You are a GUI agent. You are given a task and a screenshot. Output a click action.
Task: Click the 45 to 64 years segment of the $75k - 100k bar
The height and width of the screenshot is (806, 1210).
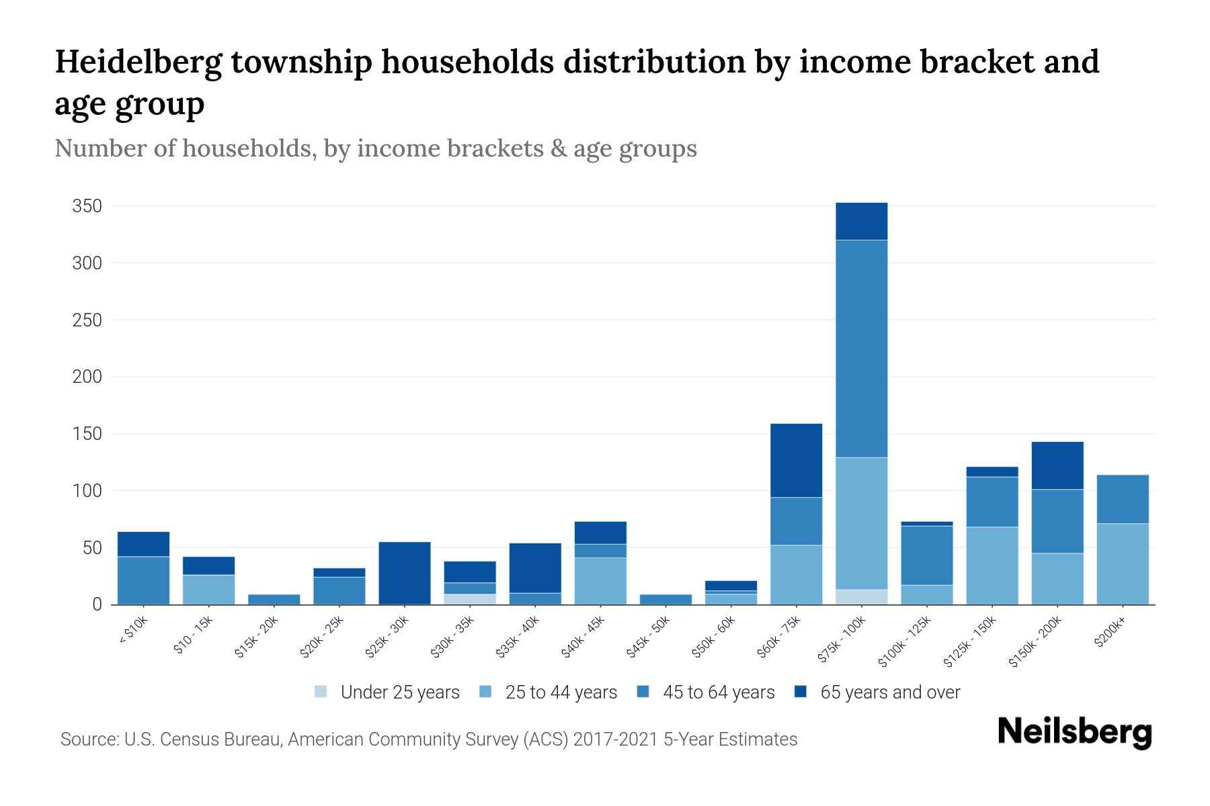tap(861, 349)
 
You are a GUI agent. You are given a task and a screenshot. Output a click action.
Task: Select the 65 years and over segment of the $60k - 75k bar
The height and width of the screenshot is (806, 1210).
tap(796, 460)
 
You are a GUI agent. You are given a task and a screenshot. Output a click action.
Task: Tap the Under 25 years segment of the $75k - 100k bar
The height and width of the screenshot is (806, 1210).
tap(861, 597)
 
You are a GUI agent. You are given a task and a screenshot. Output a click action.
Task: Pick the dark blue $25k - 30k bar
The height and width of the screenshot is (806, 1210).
tap(405, 573)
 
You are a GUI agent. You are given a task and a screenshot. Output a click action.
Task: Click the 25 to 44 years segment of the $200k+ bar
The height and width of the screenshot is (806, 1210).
tap(1122, 564)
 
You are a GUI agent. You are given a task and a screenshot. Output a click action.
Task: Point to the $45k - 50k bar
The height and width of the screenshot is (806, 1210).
tap(665, 599)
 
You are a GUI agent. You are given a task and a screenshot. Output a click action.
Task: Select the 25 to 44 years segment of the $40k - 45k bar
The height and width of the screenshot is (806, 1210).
tap(600, 581)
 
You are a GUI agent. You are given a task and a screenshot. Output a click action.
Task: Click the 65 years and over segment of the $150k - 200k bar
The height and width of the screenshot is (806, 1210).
tap(1057, 465)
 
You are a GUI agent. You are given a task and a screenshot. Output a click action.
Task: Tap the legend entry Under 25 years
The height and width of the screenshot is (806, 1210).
tap(399, 692)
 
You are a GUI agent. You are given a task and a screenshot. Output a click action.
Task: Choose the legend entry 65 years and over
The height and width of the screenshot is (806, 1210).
tap(889, 692)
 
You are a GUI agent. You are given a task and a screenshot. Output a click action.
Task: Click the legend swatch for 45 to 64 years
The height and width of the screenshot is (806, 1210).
tap(643, 692)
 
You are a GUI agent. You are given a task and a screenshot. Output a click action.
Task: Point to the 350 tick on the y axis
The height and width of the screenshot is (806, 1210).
tap(87, 206)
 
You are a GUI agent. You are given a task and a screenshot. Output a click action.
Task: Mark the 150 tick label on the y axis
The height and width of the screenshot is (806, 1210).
tap(87, 434)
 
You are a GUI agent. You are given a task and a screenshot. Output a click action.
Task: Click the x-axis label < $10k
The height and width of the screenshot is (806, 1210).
tap(134, 631)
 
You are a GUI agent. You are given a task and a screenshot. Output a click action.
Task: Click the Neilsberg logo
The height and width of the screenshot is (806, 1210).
tap(1074, 732)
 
